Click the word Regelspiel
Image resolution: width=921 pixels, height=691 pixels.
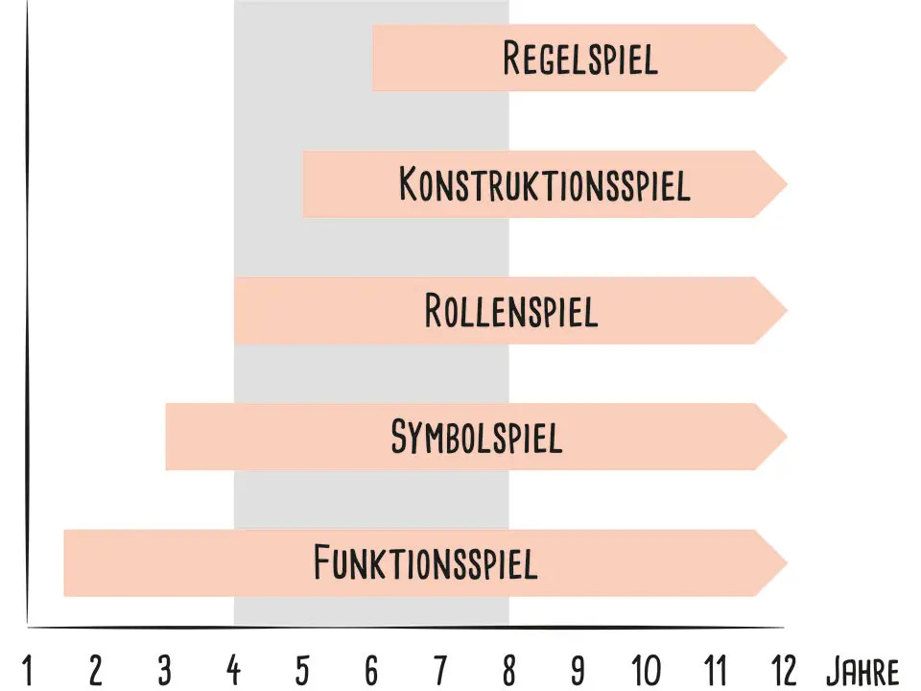tap(580, 59)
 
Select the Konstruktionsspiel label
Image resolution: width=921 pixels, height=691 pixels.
tap(544, 183)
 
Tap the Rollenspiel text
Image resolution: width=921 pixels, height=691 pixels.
tap(511, 311)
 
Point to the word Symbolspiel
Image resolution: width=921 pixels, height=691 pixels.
tap(476, 437)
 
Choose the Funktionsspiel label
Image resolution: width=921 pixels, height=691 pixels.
tap(425, 562)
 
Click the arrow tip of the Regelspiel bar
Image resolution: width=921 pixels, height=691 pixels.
tap(784, 58)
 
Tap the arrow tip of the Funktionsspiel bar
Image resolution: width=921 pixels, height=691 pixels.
tap(784, 562)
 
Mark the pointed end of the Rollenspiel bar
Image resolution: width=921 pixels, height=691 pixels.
tap(784, 311)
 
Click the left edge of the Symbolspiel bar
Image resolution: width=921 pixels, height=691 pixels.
tap(167, 437)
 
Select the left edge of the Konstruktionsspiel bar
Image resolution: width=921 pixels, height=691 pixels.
tap(304, 183)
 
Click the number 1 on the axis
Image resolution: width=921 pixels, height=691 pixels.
tap(27, 670)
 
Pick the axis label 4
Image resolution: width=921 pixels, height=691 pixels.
tap(233, 670)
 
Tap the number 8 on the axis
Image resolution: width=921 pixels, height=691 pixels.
tap(508, 670)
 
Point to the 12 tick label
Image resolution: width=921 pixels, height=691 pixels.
tap(784, 670)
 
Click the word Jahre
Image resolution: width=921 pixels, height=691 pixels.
tap(862, 670)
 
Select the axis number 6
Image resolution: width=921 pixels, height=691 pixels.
tap(371, 670)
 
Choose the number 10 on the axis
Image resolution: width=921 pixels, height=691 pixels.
tap(647, 670)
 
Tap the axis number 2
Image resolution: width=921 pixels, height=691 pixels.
tap(96, 670)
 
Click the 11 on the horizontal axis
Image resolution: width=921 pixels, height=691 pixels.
tap(715, 670)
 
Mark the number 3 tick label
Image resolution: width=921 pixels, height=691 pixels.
tap(165, 670)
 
